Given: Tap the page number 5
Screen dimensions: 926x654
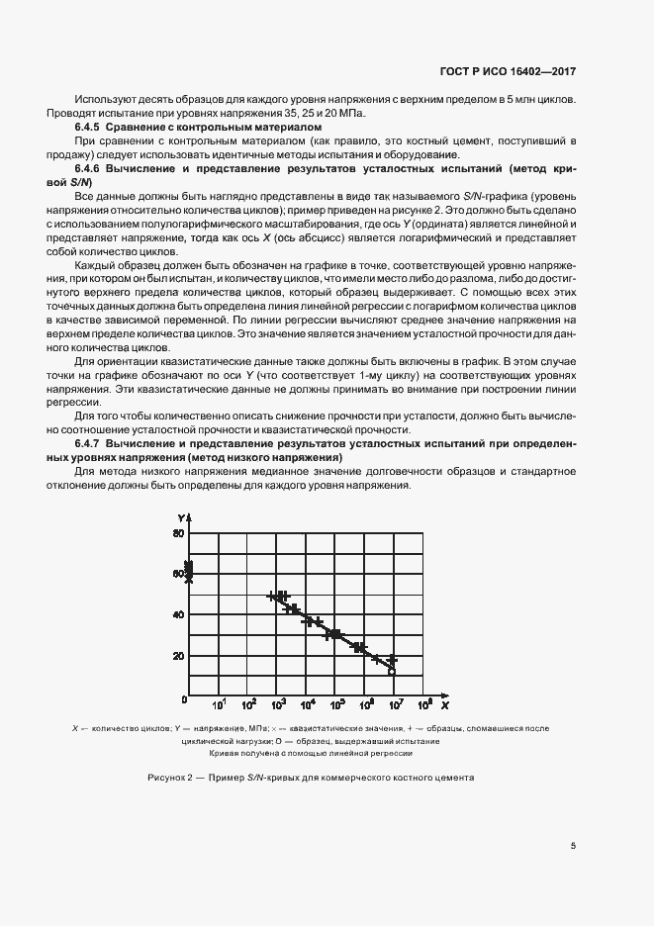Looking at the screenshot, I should (573, 845).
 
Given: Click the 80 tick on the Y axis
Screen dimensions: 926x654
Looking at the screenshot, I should (179, 533).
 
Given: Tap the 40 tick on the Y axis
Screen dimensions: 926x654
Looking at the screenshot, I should (179, 614).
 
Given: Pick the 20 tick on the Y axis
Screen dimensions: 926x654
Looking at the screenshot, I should (179, 656).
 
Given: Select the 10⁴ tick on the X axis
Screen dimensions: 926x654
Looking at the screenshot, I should (308, 705).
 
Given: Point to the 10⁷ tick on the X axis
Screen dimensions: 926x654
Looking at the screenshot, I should (395, 705).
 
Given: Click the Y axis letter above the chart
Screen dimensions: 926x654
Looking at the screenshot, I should (182, 518).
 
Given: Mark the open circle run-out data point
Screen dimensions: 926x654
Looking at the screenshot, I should (392, 671).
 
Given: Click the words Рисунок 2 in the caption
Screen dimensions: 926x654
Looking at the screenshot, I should (169, 778).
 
